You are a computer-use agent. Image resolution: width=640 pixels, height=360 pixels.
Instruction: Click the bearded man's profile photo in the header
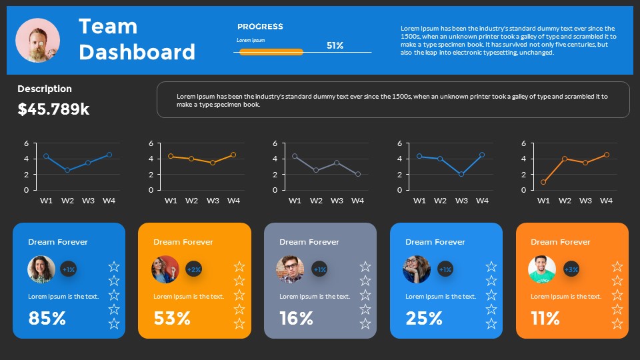tap(37, 40)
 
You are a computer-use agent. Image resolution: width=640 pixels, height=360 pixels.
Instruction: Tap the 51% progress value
tap(335, 46)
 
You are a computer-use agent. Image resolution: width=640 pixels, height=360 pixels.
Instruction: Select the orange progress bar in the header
tap(271, 51)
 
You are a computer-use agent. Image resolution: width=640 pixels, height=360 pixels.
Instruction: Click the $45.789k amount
tap(53, 109)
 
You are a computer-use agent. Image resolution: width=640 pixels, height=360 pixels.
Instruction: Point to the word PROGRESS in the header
tap(260, 27)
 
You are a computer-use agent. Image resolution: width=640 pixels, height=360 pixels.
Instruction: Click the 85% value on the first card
tap(47, 318)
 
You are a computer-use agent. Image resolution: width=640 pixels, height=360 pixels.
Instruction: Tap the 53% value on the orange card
tap(172, 318)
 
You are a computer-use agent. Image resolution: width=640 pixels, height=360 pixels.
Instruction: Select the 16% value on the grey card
tap(296, 318)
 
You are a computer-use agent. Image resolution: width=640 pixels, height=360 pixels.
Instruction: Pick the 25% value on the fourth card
tap(424, 318)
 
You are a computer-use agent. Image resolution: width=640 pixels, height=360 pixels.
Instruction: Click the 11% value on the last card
tap(545, 318)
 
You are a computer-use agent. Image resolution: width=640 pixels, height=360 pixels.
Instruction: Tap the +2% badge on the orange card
tap(194, 269)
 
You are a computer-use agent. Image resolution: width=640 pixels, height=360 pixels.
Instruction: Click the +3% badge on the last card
tap(571, 269)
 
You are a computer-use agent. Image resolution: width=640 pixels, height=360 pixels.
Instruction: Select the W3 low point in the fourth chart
tap(461, 174)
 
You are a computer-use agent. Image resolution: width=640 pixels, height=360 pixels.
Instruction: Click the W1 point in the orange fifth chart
tap(543, 182)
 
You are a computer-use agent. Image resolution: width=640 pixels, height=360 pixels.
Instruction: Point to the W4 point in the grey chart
tap(358, 174)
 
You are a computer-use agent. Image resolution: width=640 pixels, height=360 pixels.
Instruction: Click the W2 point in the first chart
tap(67, 170)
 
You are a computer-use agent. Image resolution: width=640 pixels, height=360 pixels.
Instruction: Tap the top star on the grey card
tap(365, 267)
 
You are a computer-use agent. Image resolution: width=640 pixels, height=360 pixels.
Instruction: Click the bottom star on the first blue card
tap(114, 324)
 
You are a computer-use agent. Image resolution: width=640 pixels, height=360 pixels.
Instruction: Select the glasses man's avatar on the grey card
tap(290, 269)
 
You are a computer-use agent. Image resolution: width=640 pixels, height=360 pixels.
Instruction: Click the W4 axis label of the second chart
tap(233, 201)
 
